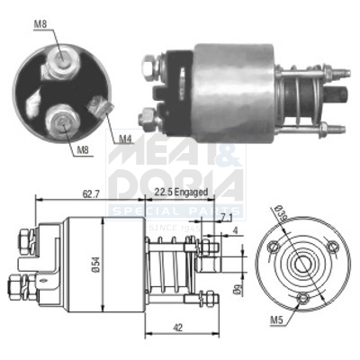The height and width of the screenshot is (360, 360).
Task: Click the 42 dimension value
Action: click(177, 329)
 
